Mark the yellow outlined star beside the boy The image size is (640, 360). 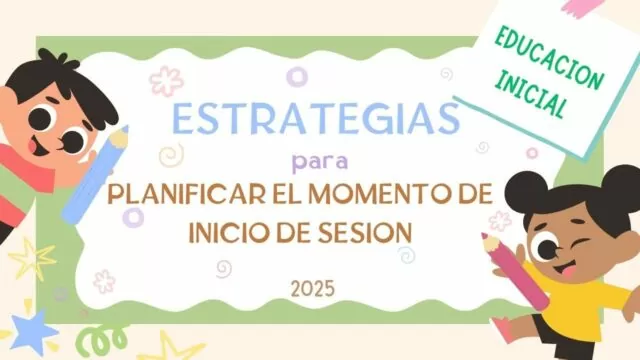(31, 259)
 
